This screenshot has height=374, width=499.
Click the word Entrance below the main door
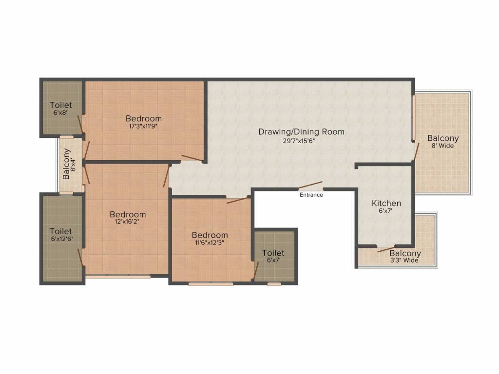311,195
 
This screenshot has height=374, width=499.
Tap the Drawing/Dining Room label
301,131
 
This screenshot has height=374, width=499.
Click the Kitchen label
386,203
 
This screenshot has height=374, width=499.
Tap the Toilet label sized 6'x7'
273,253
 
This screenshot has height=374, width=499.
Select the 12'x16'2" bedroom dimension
128,223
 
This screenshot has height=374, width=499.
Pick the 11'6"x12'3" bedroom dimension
210,243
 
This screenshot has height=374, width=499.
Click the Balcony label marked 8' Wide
443,138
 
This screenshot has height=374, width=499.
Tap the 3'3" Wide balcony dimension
405,261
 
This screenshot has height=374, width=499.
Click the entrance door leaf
310,185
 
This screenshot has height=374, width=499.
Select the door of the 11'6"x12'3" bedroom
238,200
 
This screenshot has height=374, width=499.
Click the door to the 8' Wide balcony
415,152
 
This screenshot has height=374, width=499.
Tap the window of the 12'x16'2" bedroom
118,276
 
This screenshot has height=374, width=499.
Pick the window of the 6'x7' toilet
274,283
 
